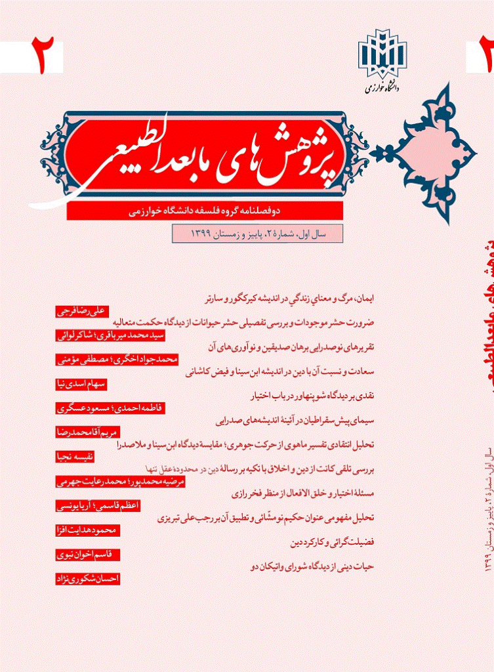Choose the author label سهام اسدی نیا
point(81,385)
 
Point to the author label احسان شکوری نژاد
point(87,579)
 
